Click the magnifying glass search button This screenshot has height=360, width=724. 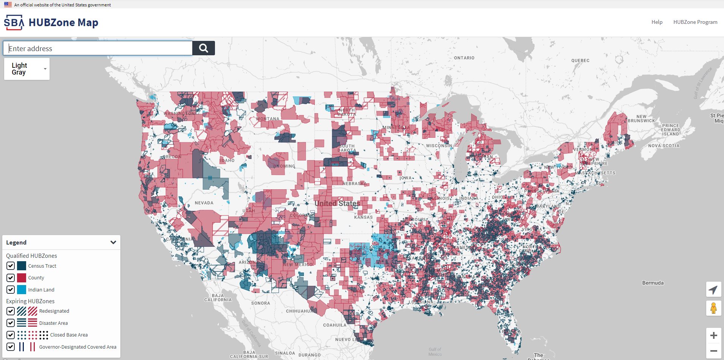[204, 48]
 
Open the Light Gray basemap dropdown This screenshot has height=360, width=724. [27, 69]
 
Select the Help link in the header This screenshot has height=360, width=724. [657, 22]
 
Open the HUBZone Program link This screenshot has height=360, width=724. [695, 22]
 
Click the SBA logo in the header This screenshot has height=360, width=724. [14, 23]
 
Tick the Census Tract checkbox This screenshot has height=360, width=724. [11, 266]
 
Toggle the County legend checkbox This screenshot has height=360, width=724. [11, 277]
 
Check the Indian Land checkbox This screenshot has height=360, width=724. [11, 290]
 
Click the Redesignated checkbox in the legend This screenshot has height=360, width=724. [11, 311]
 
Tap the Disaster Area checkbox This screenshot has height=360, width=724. [11, 323]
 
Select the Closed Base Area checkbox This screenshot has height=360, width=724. [11, 335]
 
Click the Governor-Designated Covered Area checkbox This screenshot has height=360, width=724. [11, 347]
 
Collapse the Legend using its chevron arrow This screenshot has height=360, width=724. [113, 242]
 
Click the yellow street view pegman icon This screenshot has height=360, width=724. [713, 308]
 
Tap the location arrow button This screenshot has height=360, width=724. [713, 290]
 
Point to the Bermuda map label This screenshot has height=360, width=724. [652, 283]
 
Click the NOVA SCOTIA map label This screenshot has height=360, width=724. [663, 146]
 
